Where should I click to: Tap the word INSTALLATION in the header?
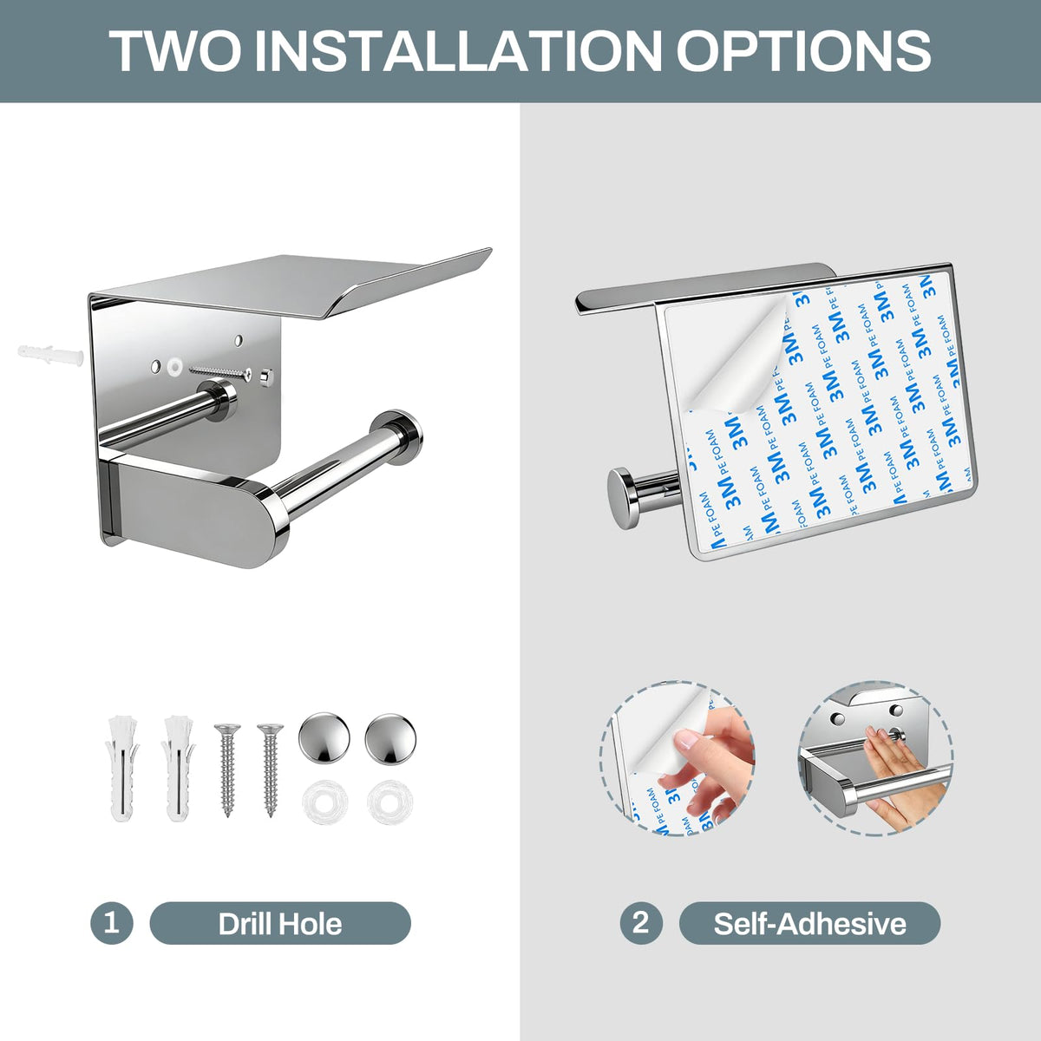[458, 50]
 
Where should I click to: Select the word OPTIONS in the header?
[803, 50]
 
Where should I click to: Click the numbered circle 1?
[111, 923]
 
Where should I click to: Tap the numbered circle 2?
[641, 923]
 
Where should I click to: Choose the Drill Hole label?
[280, 924]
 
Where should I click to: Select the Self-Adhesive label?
[809, 924]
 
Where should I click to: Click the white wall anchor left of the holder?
[50, 355]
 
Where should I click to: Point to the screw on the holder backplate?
[220, 373]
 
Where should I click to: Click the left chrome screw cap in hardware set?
[324, 738]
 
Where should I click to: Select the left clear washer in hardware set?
[325, 802]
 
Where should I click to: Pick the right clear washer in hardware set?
[390, 802]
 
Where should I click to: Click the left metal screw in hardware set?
[227, 769]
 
